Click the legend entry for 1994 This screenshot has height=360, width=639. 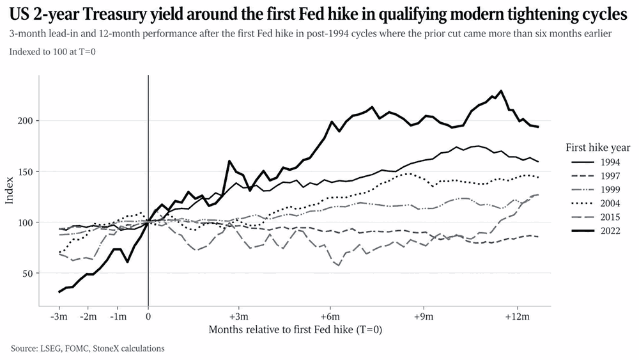point(596,162)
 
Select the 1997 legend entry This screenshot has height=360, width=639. point(596,176)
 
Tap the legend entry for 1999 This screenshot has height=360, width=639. point(596,189)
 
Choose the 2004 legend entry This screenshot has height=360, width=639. point(596,203)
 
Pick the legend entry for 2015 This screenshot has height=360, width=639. point(596,217)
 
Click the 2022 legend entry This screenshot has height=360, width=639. point(596,231)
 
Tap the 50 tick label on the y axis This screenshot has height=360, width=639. point(27,273)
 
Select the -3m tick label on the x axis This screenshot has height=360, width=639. point(59,317)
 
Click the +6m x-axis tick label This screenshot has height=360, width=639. point(330,317)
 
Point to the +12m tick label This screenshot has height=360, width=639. point(518,317)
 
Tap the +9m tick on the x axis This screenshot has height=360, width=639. point(424,317)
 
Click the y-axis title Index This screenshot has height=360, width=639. point(10,191)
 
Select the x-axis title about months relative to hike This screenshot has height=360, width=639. point(295,329)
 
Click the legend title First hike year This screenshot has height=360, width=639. point(598,148)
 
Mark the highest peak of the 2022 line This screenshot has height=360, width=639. point(501,91)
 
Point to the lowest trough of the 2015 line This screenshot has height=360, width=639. point(338,265)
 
